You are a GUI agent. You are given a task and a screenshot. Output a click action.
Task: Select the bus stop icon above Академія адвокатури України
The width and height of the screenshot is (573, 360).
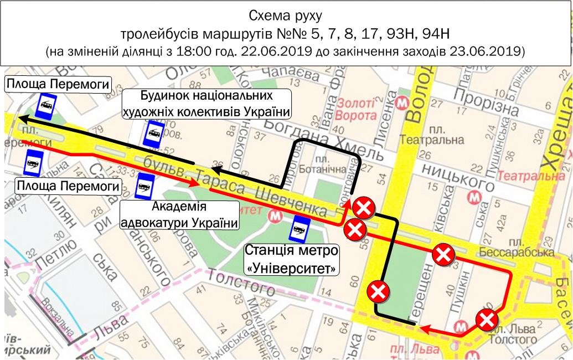145,186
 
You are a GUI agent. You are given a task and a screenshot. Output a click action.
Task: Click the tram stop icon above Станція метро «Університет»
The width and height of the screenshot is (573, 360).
301,228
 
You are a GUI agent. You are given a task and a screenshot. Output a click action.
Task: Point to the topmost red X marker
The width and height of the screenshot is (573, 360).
364,209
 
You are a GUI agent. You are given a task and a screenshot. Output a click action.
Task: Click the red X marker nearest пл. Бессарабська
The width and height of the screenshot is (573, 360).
443,255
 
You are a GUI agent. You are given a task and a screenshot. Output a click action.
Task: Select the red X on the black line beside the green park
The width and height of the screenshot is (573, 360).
378,291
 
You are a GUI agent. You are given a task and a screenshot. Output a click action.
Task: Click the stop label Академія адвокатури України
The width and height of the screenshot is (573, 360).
178,215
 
